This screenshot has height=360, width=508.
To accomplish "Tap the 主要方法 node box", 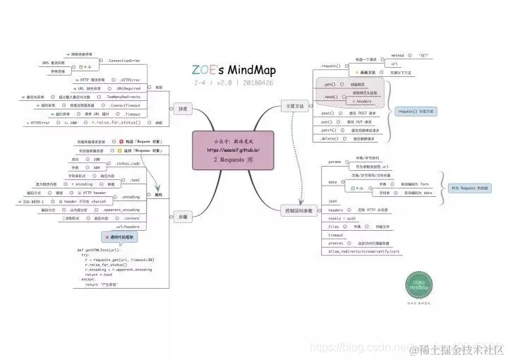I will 294,106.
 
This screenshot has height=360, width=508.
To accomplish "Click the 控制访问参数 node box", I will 297,211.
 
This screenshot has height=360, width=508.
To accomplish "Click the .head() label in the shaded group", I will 329,96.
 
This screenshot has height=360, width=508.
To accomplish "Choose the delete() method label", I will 330,139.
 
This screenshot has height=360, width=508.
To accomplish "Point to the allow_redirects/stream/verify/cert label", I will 364,251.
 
